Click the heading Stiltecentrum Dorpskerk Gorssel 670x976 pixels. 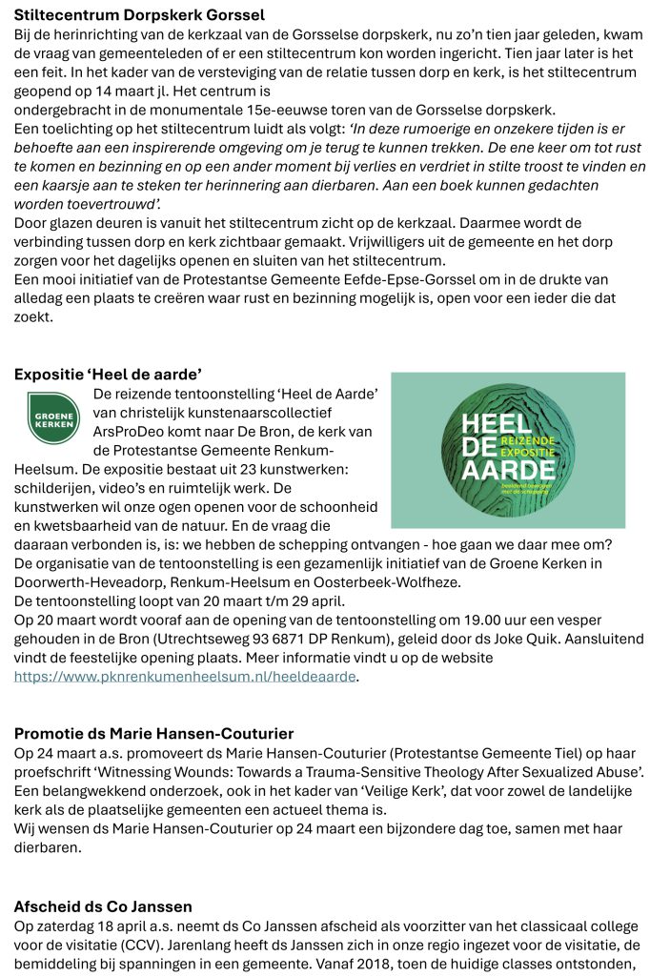[x=139, y=15]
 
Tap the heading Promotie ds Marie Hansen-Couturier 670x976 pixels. [x=153, y=733]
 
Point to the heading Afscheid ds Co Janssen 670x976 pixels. [x=103, y=905]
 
